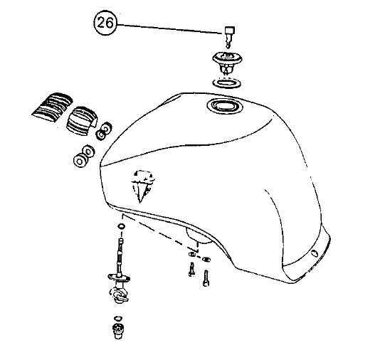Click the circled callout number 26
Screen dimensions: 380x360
[105, 23]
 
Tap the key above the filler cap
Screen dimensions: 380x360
[229, 36]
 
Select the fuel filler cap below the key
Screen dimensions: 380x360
[227, 62]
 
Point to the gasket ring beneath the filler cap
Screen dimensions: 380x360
[227, 83]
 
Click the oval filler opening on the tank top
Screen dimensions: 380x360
[225, 106]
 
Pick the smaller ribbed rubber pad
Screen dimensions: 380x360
[81, 121]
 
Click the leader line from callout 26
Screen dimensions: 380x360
[170, 29]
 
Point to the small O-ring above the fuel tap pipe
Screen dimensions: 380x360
[121, 226]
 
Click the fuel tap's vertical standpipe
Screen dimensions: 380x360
[120, 256]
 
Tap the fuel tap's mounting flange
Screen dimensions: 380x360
[120, 277]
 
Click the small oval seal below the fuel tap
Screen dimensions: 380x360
[118, 318]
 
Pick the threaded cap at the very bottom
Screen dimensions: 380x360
[118, 331]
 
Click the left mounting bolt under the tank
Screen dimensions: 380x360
[191, 270]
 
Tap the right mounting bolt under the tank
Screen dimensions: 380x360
[206, 279]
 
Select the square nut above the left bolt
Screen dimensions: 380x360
[191, 254]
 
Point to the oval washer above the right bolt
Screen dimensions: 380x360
[206, 259]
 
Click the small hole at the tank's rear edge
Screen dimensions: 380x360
[315, 254]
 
